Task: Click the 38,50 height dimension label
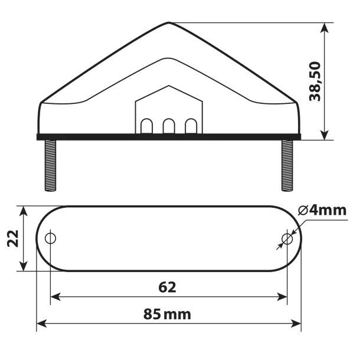pos(315,81)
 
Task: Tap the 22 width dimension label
pos(13,238)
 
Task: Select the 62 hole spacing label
pos(167,287)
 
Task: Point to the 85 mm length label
pos(167,314)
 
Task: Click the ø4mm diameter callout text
pos(322,210)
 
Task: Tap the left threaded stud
pos(50,165)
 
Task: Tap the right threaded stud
pos(287,165)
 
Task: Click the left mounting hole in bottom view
pos(50,238)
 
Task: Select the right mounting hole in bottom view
pos(287,239)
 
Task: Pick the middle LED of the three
pos(169,126)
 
